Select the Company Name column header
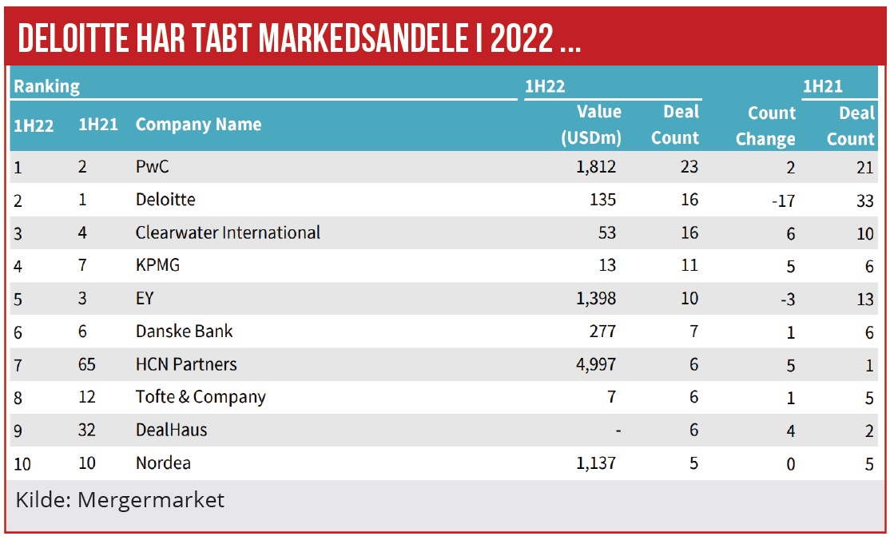[198, 125]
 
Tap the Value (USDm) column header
[590, 125]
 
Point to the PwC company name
[153, 167]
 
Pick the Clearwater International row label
[228, 232]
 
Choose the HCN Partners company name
[186, 364]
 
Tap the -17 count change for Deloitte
[783, 201]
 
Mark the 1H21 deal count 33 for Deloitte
[864, 201]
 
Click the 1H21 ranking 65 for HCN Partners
[87, 364]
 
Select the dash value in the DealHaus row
[617, 430]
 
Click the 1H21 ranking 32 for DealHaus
[87, 430]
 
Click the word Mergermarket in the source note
[151, 500]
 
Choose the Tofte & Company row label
[201, 397]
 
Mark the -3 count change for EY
[786, 299]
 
